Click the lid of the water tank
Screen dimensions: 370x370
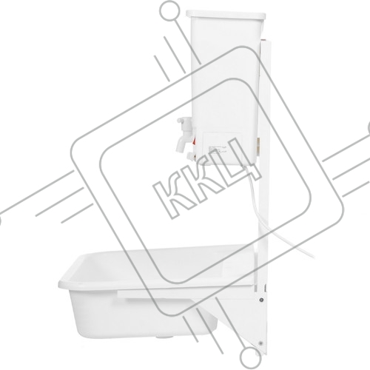click(x=226, y=14)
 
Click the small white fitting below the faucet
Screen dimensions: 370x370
click(x=190, y=155)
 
